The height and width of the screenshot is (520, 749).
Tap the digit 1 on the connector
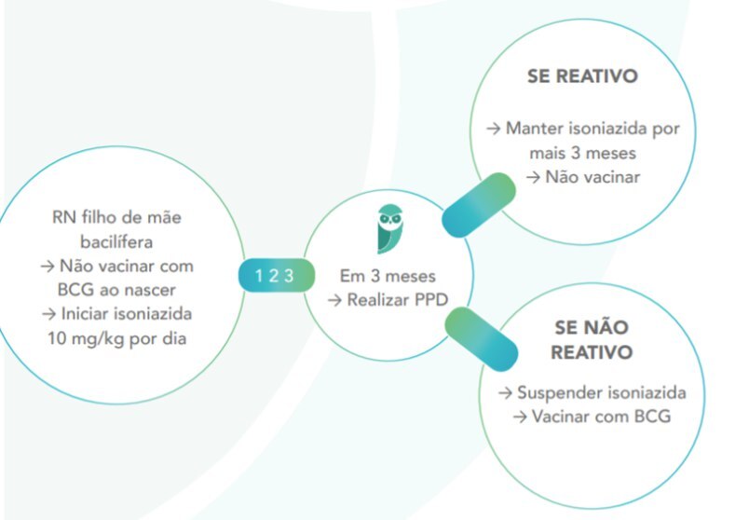tap(260, 275)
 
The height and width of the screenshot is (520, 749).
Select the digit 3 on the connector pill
tap(289, 275)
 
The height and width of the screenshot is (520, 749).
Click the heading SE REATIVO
tap(583, 76)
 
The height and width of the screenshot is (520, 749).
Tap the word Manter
tap(536, 128)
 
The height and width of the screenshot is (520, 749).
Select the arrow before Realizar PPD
tap(334, 300)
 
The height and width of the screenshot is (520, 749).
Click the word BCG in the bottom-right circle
tap(650, 416)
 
